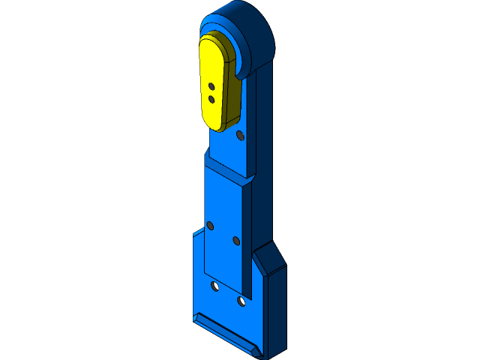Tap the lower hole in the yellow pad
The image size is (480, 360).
[211, 98]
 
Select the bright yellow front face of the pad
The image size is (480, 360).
[211, 71]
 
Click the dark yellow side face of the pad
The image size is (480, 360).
[232, 97]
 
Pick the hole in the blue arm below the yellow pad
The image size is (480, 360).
[239, 136]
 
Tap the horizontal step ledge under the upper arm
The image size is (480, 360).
[225, 166]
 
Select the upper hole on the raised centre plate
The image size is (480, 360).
[211, 225]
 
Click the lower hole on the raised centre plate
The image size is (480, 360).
[236, 241]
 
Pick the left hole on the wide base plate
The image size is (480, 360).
[215, 286]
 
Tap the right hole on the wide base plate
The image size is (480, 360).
[241, 301]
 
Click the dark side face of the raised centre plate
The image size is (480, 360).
[247, 240]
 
